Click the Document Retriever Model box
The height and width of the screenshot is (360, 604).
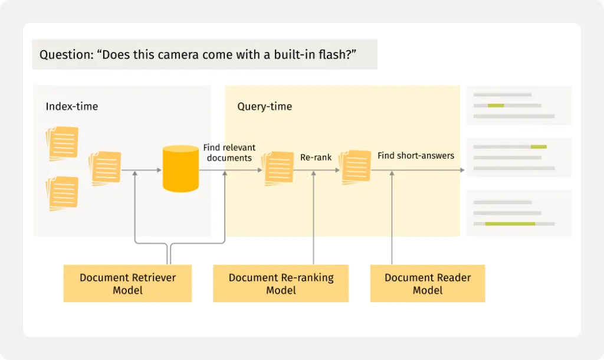pos(127,284)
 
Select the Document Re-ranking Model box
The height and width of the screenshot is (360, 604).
pos(281,284)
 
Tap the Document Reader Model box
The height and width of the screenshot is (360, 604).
pos(428,284)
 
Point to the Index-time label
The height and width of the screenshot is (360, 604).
pos(72,107)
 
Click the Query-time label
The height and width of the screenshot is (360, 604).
pos(264,107)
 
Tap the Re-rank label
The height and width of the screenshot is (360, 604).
pos(316,158)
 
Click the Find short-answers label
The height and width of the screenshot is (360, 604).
pos(416,156)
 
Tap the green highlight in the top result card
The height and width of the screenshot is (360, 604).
pos(495,106)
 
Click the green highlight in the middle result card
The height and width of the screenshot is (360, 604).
pos(539,147)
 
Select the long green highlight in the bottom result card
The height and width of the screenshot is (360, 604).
pos(510,224)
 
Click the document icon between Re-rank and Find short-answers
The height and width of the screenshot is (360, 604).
pos(356,167)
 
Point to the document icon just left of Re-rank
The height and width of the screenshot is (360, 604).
pos(278,168)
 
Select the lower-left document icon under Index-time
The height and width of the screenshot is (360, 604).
pos(62,193)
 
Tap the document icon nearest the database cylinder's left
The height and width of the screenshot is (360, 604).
pos(106,168)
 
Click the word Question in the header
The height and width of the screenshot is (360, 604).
pos(64,55)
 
